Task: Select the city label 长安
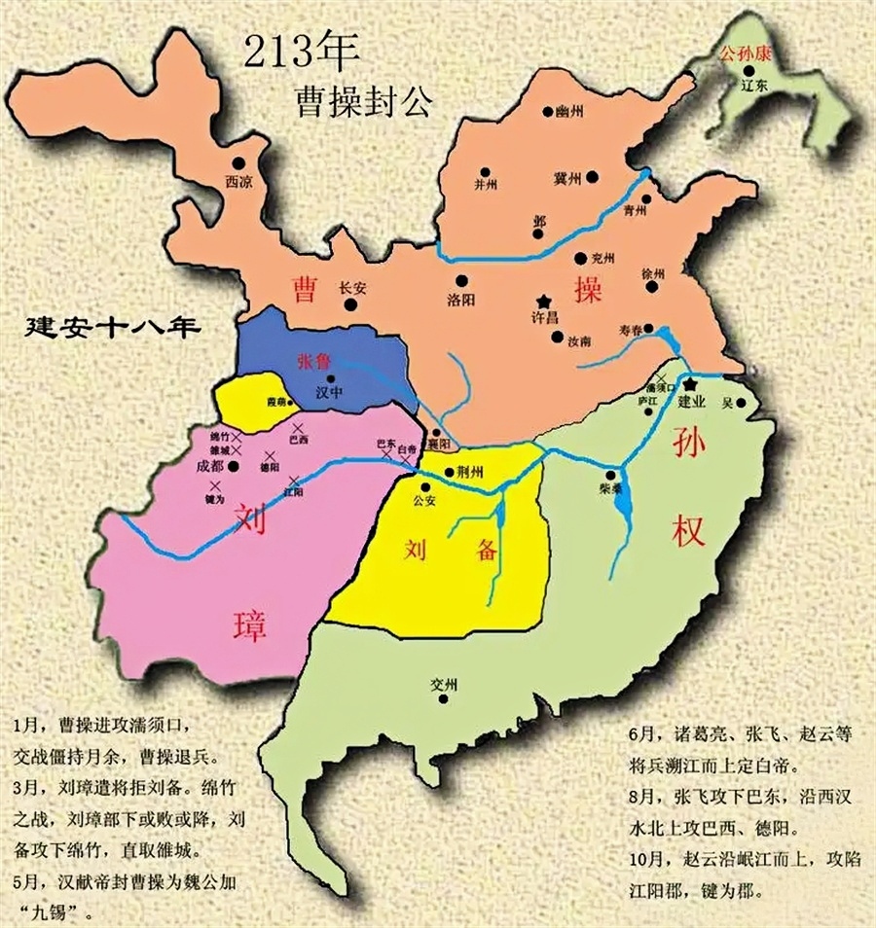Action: tap(349, 287)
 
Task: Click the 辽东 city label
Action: tap(754, 86)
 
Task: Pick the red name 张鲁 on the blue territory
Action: tap(313, 360)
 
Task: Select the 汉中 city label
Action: tap(330, 393)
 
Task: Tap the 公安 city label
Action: tap(423, 502)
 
